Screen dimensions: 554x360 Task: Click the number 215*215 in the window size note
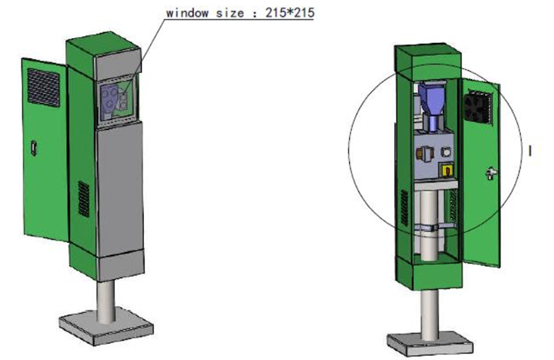(x=289, y=13)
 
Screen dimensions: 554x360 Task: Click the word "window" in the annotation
(x=187, y=13)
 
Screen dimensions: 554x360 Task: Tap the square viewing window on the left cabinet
(x=117, y=100)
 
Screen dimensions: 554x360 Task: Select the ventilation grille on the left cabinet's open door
(x=44, y=88)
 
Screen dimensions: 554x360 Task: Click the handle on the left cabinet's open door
(x=34, y=147)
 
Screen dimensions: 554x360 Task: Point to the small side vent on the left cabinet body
(x=84, y=199)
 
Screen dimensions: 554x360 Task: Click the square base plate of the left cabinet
(x=106, y=327)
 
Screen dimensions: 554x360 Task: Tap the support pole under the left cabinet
(x=106, y=302)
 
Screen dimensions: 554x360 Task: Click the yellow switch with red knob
(x=447, y=170)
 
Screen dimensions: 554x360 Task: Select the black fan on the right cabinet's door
(x=478, y=107)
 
